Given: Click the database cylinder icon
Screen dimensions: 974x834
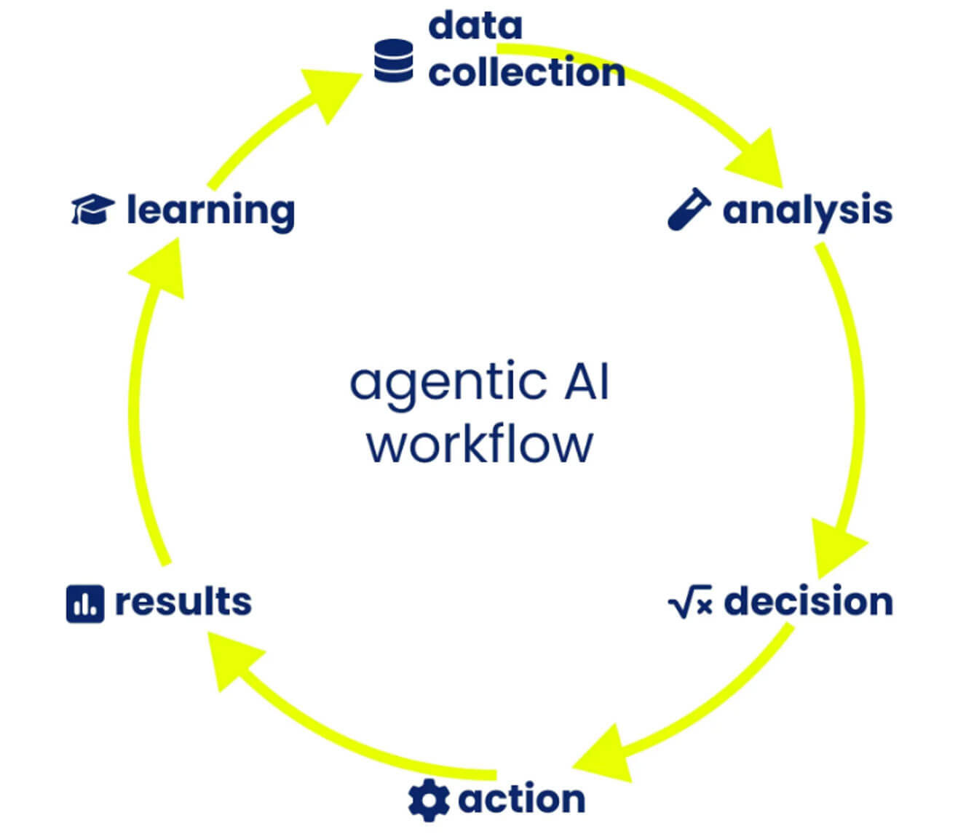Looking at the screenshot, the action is (394, 61).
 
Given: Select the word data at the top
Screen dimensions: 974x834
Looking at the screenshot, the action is (475, 25).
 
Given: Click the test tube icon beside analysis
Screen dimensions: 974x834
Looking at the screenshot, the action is (689, 209).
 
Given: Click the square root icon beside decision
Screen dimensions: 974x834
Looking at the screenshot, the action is (690, 601).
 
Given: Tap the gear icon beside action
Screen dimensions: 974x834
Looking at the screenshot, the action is (429, 800).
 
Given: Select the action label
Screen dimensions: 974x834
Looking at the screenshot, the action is (522, 799).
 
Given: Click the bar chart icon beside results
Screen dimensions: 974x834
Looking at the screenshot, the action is (85, 603).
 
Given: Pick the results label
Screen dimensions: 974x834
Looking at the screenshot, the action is (183, 601).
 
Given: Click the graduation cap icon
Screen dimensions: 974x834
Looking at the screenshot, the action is (93, 209).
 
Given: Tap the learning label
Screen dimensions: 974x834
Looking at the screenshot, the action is (211, 212).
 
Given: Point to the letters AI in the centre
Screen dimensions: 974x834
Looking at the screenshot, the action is (587, 381).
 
